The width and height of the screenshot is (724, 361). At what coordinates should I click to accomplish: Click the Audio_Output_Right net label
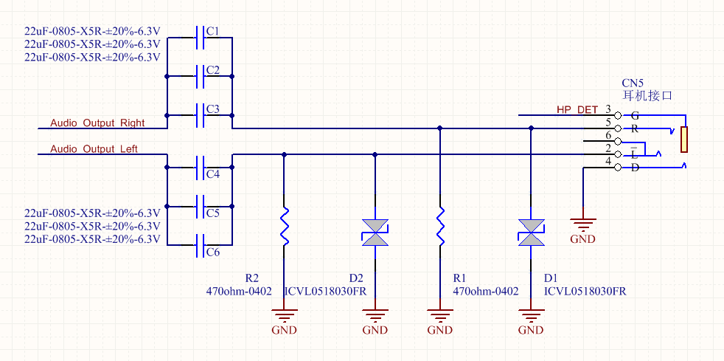[x=97, y=123]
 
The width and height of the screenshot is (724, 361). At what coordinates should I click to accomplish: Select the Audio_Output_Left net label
[x=94, y=148]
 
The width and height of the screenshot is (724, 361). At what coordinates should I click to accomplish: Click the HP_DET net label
[x=577, y=110]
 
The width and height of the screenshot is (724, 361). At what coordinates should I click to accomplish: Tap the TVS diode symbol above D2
[x=375, y=232]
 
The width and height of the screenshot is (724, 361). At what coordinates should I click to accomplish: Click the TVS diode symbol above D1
[x=531, y=232]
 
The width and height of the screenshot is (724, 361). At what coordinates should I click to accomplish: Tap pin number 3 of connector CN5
[x=608, y=110]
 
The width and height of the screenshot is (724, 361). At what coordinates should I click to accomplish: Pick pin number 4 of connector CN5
[x=608, y=161]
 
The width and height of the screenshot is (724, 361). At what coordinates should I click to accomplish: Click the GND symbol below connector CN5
[x=582, y=225]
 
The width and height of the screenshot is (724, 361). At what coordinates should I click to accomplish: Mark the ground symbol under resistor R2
[x=284, y=318]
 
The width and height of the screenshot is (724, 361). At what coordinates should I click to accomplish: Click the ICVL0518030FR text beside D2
[x=325, y=292]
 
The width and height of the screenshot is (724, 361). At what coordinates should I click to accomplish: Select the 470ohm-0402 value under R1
[x=485, y=292]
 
